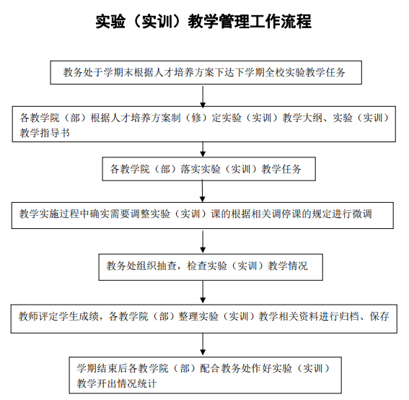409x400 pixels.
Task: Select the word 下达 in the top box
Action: (224, 72)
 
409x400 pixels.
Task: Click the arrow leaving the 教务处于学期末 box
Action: (203, 96)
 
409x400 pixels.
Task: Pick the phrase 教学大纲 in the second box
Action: (302, 118)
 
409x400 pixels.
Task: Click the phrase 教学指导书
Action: (45, 133)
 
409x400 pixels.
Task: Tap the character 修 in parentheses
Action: (196, 118)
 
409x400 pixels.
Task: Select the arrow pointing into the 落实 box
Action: (203, 149)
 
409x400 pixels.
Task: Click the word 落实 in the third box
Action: (190, 169)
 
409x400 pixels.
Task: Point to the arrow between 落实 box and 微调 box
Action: (203, 191)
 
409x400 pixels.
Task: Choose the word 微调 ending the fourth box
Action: (362, 214)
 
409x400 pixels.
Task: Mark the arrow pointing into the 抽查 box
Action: (203, 241)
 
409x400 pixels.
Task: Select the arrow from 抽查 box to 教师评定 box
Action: (203, 292)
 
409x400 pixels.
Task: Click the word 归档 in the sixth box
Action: (349, 316)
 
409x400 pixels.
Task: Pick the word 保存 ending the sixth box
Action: (379, 316)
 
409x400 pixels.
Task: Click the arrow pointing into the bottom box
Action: (203, 344)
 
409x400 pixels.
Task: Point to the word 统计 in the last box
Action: (147, 383)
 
